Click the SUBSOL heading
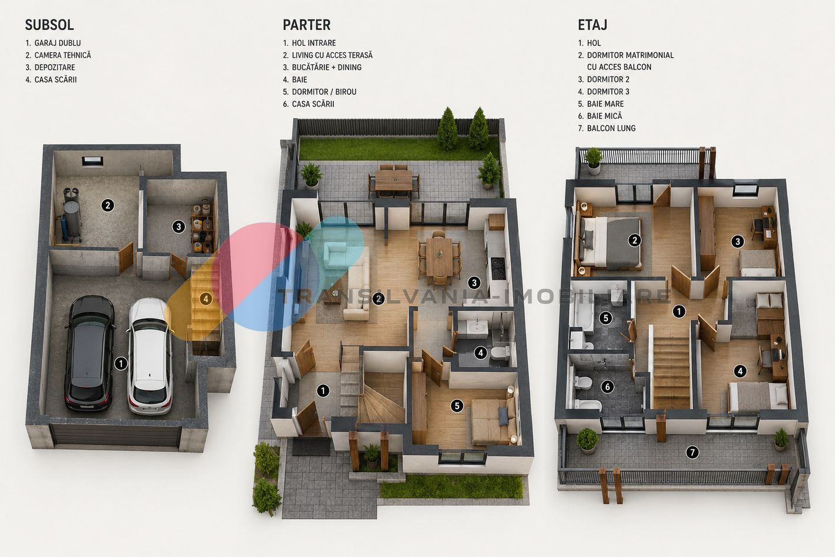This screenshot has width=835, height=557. pyautogui.click(x=49, y=25)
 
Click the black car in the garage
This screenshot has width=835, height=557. pyautogui.click(x=89, y=353)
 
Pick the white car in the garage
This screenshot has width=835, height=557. pyautogui.click(x=150, y=356)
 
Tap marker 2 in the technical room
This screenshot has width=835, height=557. pyautogui.click(x=108, y=205)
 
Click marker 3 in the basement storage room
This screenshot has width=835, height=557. pyautogui.click(x=178, y=227)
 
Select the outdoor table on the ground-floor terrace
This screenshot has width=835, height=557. pyautogui.click(x=394, y=181)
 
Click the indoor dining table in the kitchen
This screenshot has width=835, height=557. pyautogui.click(x=439, y=257)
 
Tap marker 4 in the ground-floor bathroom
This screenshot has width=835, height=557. pyautogui.click(x=481, y=353)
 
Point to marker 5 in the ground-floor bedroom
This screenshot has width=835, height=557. pyautogui.click(x=457, y=406)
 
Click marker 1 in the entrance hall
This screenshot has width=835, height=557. pyautogui.click(x=323, y=390)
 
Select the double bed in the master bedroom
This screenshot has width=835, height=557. pyautogui.click(x=610, y=243)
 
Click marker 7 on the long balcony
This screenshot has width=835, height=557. pyautogui.click(x=692, y=453)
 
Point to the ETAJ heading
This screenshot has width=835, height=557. pyautogui.click(x=593, y=25)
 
